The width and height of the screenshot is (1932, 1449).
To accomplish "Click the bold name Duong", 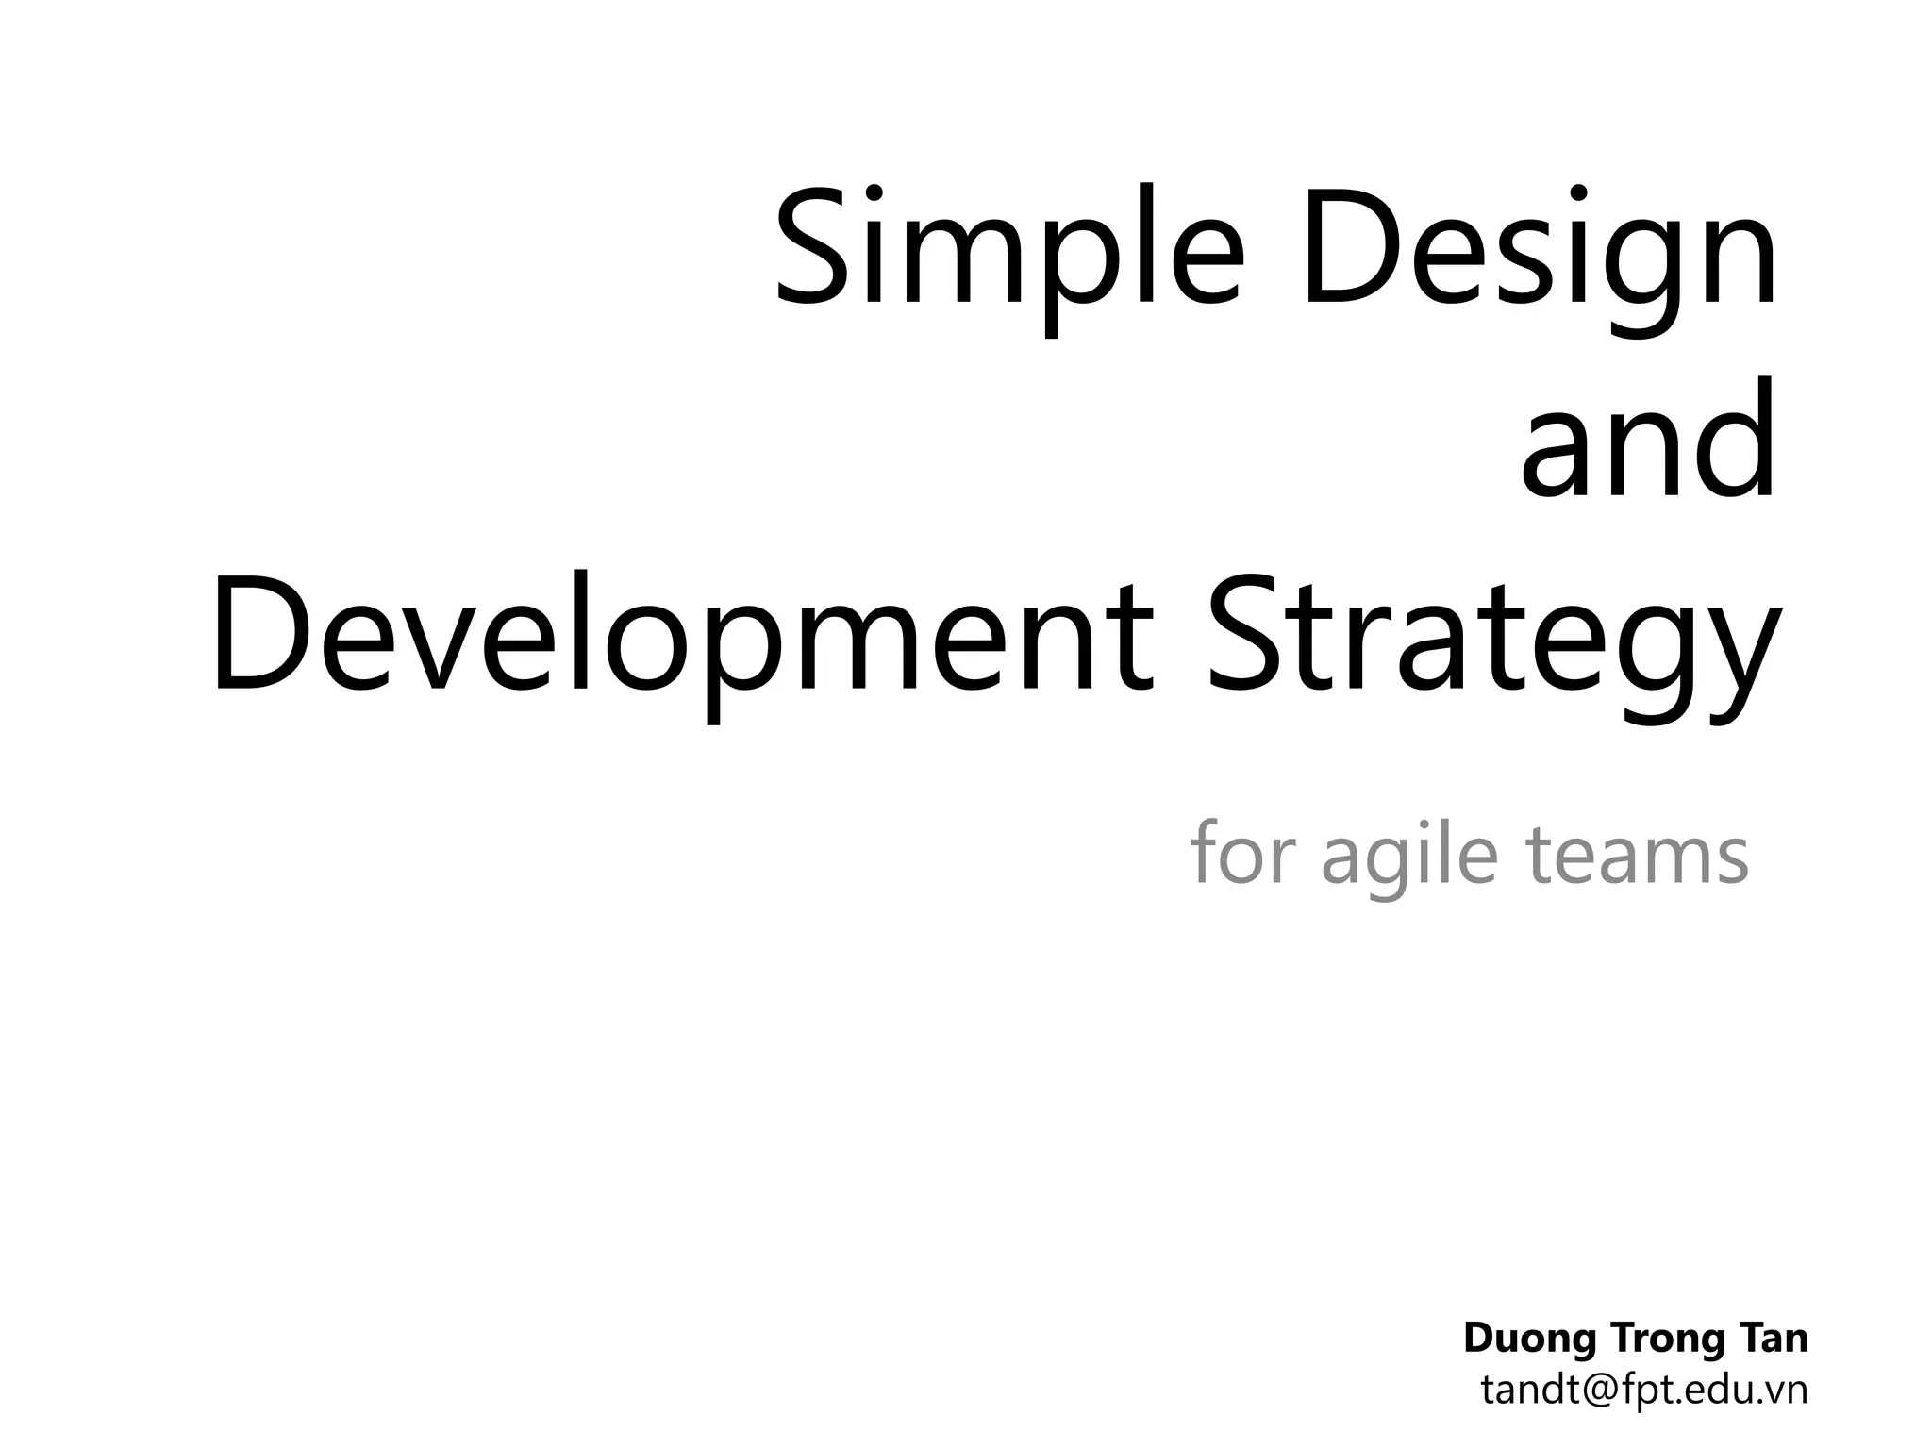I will point(1528,1339).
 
